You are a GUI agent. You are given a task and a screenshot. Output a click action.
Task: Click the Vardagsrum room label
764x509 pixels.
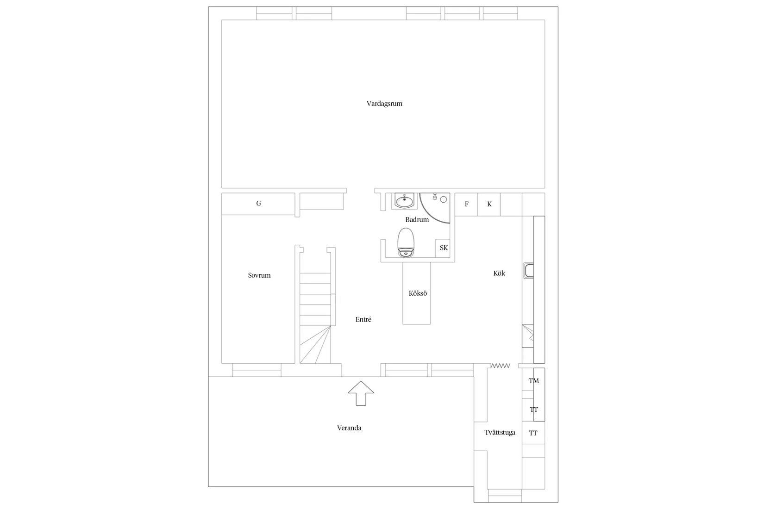(384, 104)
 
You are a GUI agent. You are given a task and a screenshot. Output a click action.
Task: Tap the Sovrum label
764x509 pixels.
(259, 275)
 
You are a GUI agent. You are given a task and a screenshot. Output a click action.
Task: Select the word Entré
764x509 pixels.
(363, 319)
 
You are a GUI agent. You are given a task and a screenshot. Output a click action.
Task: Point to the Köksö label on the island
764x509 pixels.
(418, 293)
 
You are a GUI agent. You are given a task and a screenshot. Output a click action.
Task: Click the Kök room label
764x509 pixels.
(499, 273)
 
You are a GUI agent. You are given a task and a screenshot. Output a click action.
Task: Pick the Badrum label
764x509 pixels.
(417, 219)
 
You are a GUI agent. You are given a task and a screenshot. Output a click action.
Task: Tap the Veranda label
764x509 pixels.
(349, 428)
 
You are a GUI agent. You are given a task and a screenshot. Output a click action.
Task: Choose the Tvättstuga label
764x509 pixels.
(500, 433)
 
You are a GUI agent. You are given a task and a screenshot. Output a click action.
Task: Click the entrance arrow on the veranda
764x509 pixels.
(361, 393)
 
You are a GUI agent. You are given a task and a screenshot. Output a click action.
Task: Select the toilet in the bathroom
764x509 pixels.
(406, 242)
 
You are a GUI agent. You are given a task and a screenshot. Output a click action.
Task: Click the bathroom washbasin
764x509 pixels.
(405, 200)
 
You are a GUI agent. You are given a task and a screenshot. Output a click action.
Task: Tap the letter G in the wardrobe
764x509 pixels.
(258, 204)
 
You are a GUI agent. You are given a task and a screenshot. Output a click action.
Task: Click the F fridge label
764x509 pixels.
(467, 204)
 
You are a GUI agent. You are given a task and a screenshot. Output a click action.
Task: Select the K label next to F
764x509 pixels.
(489, 204)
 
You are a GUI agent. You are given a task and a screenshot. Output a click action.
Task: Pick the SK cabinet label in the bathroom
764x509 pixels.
(444, 248)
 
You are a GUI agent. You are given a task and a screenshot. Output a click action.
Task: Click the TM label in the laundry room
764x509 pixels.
(534, 381)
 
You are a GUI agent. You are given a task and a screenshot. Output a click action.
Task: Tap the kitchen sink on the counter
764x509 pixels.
(529, 271)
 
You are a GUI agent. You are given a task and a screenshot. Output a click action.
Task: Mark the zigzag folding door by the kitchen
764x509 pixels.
(501, 366)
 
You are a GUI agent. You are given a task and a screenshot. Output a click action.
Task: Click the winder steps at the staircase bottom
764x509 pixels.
(315, 344)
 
